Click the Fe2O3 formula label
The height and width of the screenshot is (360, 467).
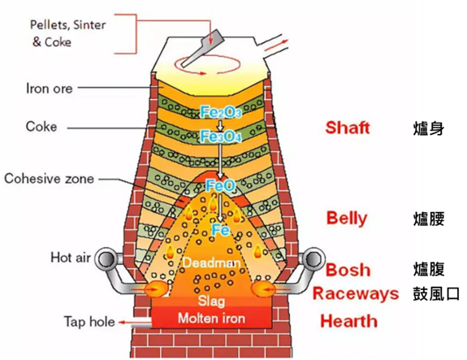click(x=221, y=112)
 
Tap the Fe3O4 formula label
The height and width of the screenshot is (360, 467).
click(x=221, y=137)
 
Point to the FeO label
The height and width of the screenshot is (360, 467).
click(x=221, y=186)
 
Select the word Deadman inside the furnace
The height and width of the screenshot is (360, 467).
click(x=211, y=262)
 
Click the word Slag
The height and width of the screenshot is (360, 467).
click(x=211, y=301)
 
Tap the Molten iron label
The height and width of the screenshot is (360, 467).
click(x=211, y=319)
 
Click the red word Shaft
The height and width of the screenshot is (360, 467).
click(x=348, y=128)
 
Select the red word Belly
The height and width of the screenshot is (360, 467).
click(x=347, y=219)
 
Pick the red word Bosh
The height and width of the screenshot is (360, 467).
click(x=348, y=270)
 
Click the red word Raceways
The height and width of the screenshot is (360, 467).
click(x=356, y=293)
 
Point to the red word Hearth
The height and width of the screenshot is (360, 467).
click(x=348, y=321)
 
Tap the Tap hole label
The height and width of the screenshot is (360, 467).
click(x=89, y=322)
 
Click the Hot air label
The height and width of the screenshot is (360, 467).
click(x=71, y=258)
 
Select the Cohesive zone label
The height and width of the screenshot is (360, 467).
click(x=50, y=179)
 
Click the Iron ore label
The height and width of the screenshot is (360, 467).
click(x=50, y=89)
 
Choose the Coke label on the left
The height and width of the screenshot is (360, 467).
click(x=41, y=126)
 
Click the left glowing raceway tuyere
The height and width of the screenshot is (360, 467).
click(x=156, y=288)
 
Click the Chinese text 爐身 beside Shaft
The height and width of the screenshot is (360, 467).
click(x=429, y=128)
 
